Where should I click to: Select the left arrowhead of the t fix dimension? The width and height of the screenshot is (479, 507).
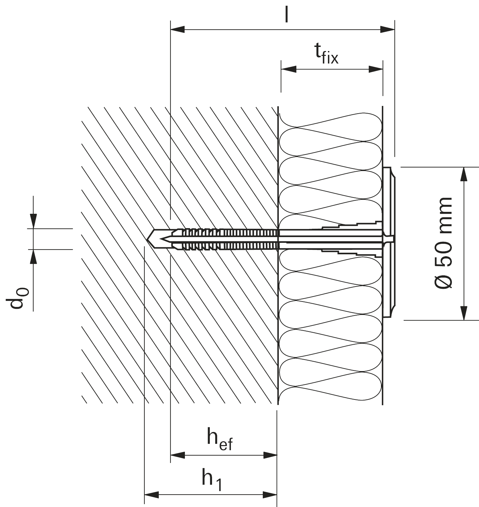(x=289, y=69)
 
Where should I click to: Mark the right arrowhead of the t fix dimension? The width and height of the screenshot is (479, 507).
(x=375, y=69)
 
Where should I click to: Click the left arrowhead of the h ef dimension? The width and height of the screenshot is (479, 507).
(x=178, y=455)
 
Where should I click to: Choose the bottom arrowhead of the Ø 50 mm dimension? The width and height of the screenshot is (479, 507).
(x=464, y=313)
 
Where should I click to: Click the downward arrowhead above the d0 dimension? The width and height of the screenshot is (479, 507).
(x=33, y=221)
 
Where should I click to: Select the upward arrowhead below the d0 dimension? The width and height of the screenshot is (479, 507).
(x=33, y=257)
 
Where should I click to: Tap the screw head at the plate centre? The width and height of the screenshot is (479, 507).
(x=389, y=239)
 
